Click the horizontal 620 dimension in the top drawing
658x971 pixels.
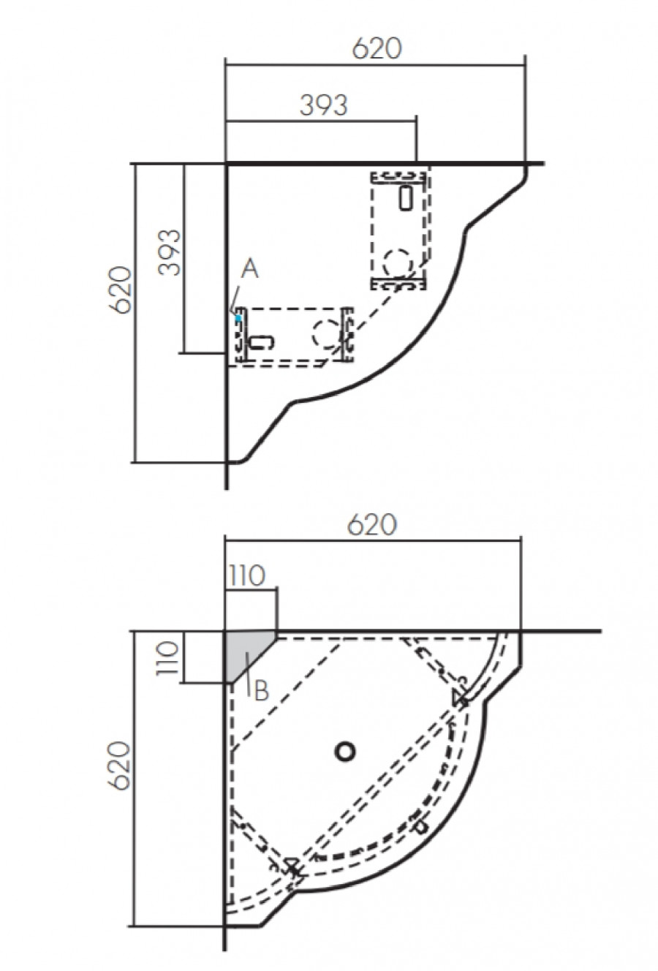click(x=377, y=48)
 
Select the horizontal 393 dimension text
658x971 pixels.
click(x=324, y=105)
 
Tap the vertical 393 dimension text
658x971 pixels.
click(x=170, y=252)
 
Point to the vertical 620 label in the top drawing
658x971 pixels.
click(x=122, y=290)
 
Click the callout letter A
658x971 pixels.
click(x=249, y=270)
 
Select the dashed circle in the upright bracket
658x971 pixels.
click(x=398, y=262)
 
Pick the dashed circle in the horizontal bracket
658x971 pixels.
click(x=324, y=334)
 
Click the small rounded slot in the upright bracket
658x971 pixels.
click(x=406, y=197)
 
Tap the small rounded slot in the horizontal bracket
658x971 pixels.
click(x=261, y=341)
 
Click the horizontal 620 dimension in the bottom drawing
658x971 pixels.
click(x=371, y=524)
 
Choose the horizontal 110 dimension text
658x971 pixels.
click(x=246, y=576)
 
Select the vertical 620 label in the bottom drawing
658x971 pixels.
click(x=122, y=766)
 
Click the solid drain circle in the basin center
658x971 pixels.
click(x=344, y=750)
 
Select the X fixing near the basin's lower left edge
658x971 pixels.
click(x=293, y=868)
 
